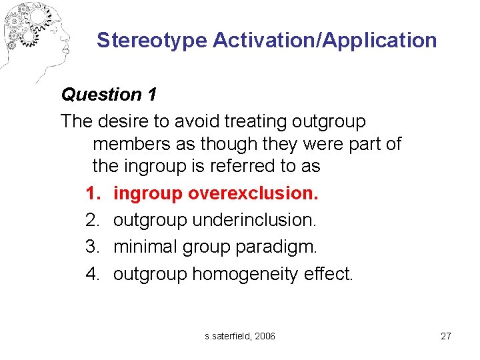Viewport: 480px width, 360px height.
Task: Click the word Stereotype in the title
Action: tap(151, 40)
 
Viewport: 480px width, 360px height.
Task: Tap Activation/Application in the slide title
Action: tap(325, 40)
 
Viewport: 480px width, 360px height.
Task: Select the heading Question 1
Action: tap(109, 95)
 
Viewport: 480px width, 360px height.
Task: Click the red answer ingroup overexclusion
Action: tap(216, 193)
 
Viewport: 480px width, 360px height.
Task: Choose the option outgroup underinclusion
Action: tap(215, 220)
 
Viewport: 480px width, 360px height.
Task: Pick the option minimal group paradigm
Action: tap(215, 247)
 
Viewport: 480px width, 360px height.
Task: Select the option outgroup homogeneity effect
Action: tap(233, 273)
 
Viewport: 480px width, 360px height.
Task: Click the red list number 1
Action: tap(91, 193)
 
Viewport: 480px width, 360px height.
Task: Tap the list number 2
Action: tap(92, 220)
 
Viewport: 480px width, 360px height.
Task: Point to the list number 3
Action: tap(92, 247)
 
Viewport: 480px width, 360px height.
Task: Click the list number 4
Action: tap(92, 273)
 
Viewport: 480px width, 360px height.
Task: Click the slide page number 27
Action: tap(446, 336)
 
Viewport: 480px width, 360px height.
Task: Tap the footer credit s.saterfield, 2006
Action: tap(240, 336)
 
